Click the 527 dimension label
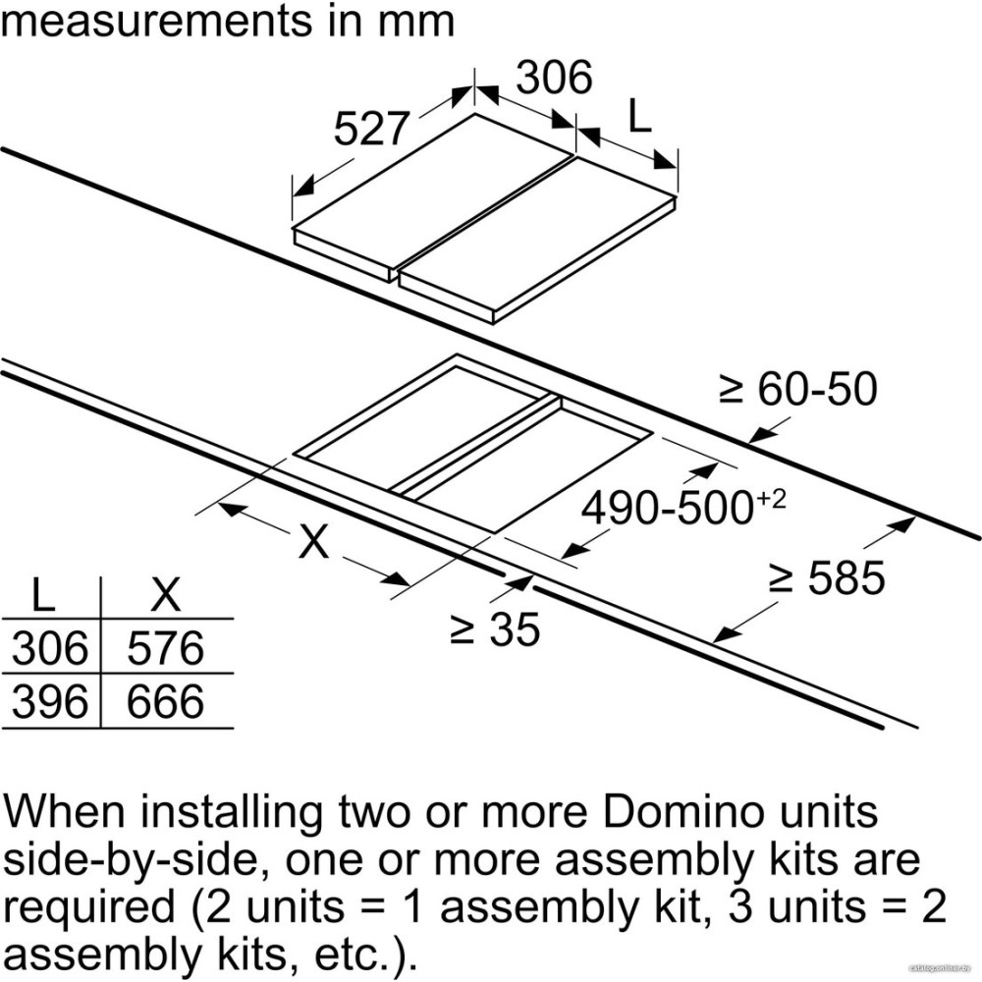tap(371, 129)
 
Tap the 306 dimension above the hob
tap(554, 77)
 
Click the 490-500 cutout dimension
tap(667, 508)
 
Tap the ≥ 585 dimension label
tap(827, 577)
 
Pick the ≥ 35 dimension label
tap(495, 629)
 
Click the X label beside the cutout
tap(313, 541)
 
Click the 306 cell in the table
tap(50, 647)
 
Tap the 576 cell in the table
tap(165, 647)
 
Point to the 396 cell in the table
tap(50, 701)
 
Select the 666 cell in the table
tap(165, 701)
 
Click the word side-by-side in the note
tap(131, 861)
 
